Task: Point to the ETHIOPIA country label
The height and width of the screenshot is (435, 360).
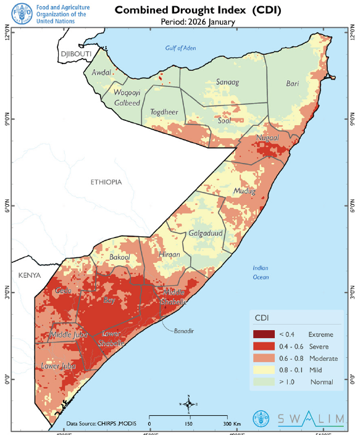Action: pos(106,182)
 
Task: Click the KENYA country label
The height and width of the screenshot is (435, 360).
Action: pos(30,275)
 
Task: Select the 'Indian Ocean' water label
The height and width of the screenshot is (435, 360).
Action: pos(261,272)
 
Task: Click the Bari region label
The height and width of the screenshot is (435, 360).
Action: pos(292,83)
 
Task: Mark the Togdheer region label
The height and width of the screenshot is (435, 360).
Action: pos(164,112)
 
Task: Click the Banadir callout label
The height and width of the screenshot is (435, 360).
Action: pos(183,331)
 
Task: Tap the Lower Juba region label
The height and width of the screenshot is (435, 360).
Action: pos(58,366)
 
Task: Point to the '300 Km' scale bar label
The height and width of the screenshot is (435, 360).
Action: pos(232,424)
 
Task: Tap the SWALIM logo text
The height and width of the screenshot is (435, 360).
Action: pos(311,419)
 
